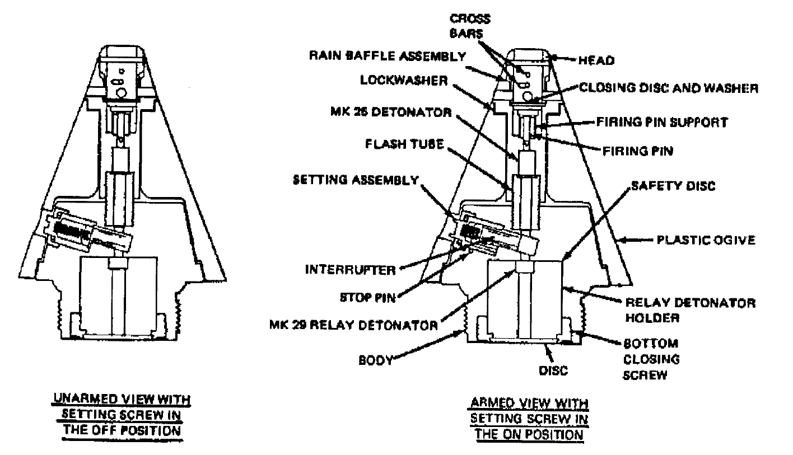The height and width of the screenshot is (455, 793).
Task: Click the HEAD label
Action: (596, 60)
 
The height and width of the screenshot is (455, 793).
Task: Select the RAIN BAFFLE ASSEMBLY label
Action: (388, 55)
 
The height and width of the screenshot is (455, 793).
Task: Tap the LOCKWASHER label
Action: (404, 81)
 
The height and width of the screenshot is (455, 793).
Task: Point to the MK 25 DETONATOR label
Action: (391, 112)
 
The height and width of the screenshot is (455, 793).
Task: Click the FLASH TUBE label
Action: (404, 144)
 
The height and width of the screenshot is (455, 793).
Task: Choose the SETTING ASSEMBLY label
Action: (356, 180)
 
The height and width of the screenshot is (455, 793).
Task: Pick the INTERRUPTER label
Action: (350, 270)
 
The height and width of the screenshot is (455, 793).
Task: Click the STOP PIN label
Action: (367, 298)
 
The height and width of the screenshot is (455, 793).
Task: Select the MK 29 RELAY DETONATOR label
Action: (353, 325)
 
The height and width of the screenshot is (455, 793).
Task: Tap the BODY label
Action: (375, 360)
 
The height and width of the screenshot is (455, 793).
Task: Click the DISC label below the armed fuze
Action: (553, 370)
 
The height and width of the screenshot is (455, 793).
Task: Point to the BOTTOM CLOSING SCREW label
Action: (651, 359)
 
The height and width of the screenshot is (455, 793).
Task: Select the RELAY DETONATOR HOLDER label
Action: (691, 310)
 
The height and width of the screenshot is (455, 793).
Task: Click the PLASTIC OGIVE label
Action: (706, 240)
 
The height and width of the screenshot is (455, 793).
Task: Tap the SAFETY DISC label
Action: (673, 186)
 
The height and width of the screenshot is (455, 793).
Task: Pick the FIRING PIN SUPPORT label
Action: (662, 123)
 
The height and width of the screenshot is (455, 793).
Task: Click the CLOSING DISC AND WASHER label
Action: (668, 88)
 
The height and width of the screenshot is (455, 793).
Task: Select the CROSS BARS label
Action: (470, 26)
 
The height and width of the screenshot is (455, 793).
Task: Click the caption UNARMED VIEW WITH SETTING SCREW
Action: (121, 407)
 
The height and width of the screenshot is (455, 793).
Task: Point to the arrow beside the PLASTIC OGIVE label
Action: (635, 240)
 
